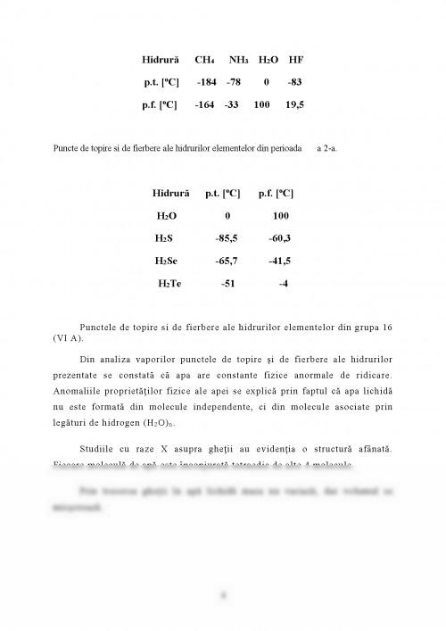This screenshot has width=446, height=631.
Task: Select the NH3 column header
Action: pos(239,60)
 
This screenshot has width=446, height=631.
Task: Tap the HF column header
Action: pos(296,60)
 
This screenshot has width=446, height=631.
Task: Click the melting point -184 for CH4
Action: pos(207,82)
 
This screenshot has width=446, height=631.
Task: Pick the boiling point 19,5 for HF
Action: pos(296,104)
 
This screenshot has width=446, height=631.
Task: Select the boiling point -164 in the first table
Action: pos(206,104)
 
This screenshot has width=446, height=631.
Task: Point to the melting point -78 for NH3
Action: pos(234,82)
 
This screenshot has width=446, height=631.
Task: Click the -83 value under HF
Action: pos(296,82)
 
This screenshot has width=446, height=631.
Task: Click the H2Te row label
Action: pos(169,283)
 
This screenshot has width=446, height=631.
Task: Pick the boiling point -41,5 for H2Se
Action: pos(280,261)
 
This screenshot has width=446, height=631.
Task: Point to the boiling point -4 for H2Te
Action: pos(283,283)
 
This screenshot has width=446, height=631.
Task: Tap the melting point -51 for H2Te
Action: pos(227,283)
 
